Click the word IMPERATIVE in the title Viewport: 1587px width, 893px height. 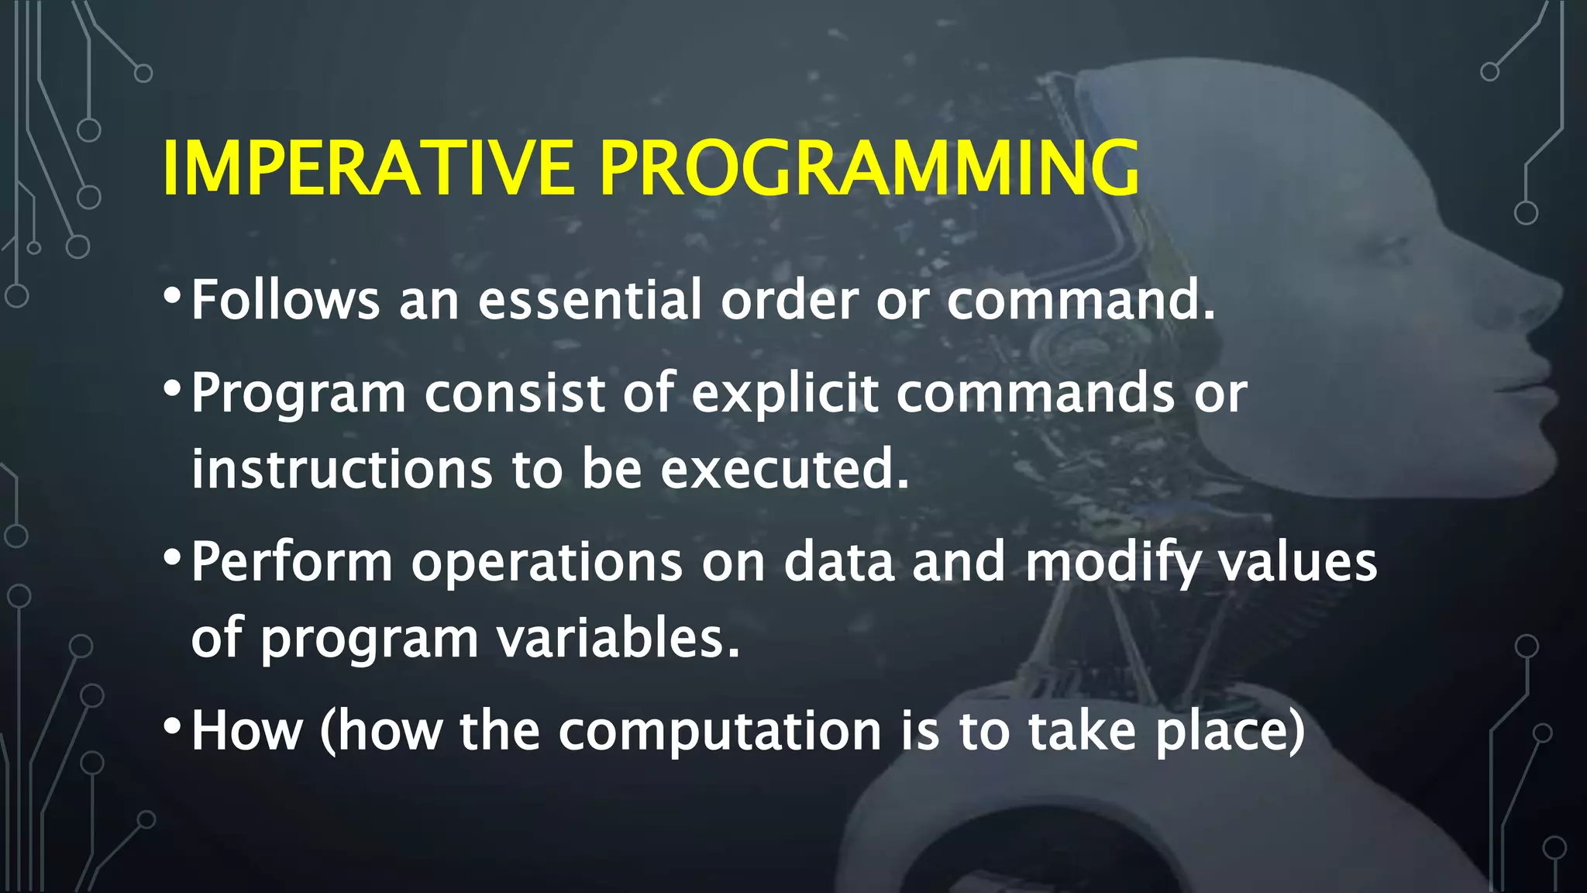pyautogui.click(x=368, y=169)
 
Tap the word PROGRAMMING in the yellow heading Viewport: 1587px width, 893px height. pyautogui.click(x=869, y=169)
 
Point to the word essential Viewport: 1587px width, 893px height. pyautogui.click(x=590, y=300)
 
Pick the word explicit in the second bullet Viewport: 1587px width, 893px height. pyautogui.click(x=785, y=393)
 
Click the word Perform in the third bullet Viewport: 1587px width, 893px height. pyautogui.click(x=291, y=561)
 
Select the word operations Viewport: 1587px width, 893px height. pyautogui.click(x=546, y=563)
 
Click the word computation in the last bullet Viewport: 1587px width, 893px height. pyautogui.click(x=720, y=731)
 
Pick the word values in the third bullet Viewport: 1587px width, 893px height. pyautogui.click(x=1298, y=561)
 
